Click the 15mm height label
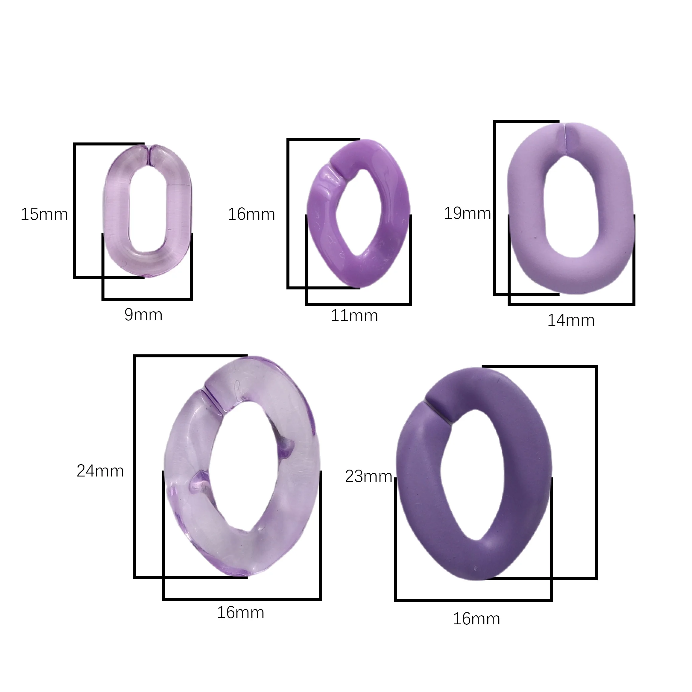coord(44,215)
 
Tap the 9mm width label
coord(143,315)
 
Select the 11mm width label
coord(354,316)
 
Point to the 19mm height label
coord(467,213)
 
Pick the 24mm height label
coord(100,471)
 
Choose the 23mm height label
coord(368,476)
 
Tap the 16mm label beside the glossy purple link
coord(251,215)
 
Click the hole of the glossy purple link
coord(358,211)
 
